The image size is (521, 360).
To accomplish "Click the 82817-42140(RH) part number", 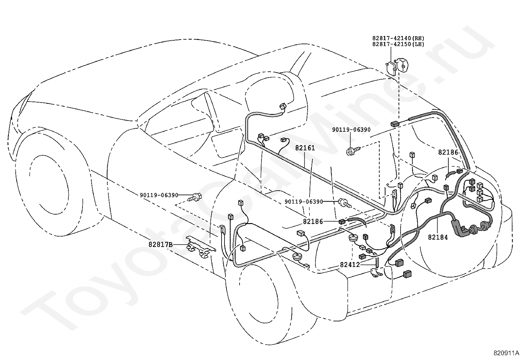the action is pyautogui.click(x=398, y=38).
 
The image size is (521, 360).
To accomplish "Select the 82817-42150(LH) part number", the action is pyautogui.click(x=398, y=44).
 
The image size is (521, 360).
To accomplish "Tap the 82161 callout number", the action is pyautogui.click(x=305, y=148).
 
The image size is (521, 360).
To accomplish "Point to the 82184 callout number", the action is pyautogui.click(x=438, y=237).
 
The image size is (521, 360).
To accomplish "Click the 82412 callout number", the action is pyautogui.click(x=350, y=265).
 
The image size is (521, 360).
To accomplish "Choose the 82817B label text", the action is pyautogui.click(x=160, y=245).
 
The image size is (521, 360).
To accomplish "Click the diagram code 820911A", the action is pyautogui.click(x=504, y=353).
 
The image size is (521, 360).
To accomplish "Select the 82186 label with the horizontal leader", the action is pyautogui.click(x=313, y=221).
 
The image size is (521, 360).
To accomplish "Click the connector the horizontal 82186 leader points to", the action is pyautogui.click(x=342, y=221).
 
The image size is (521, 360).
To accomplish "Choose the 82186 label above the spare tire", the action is pyautogui.click(x=448, y=152).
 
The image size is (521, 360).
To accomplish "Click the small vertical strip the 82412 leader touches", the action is pyautogui.click(x=377, y=262).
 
